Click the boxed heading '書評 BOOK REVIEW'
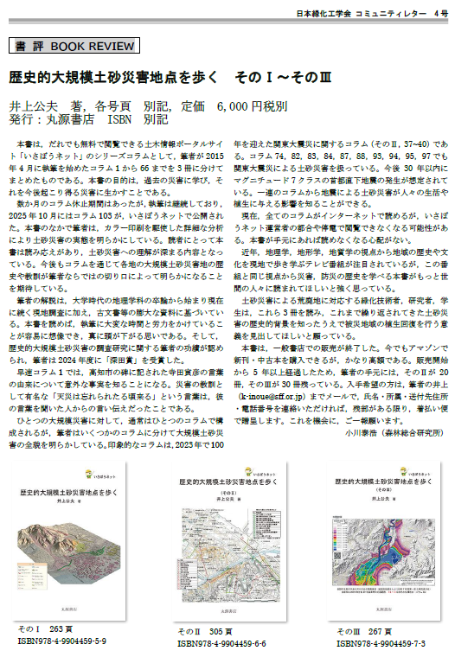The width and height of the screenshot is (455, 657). coord(65,46)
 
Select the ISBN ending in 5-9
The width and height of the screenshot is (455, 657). coord(63,642)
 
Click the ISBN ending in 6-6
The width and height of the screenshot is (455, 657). coord(223,644)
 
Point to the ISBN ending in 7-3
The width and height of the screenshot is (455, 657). coord(382,644)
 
